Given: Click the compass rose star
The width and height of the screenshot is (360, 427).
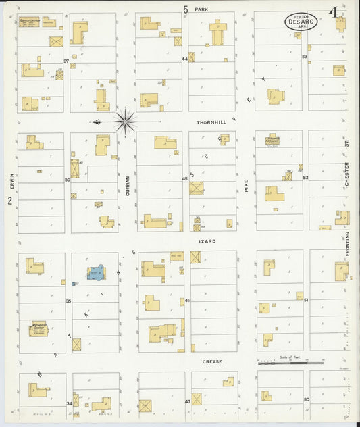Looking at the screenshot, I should click(x=125, y=122).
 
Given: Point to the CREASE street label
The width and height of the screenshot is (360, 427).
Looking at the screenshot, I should click(x=212, y=361).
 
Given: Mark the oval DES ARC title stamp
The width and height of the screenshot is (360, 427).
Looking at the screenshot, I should click(x=301, y=21).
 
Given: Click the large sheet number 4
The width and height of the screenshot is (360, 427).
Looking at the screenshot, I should click(x=333, y=13).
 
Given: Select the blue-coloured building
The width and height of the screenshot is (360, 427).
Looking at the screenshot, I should click(x=95, y=273).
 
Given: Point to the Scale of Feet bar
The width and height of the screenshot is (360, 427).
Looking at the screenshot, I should click(x=290, y=363).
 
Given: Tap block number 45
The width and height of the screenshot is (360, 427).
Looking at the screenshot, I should click(x=184, y=178).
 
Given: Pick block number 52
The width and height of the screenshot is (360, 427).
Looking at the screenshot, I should click(x=305, y=178).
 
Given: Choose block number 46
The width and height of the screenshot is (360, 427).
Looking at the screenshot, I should click(x=186, y=300).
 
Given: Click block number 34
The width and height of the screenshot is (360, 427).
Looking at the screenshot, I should click(x=69, y=403).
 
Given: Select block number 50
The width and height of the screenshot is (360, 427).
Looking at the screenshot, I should click(x=306, y=399).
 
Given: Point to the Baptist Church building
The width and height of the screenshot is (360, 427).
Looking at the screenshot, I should click(x=30, y=22).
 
